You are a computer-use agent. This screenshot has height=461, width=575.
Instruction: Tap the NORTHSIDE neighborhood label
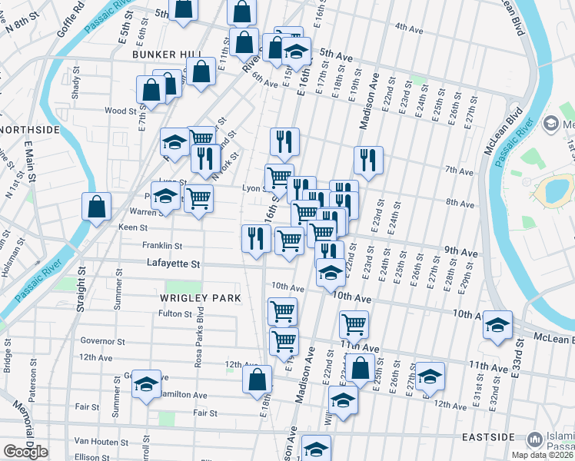[x=29, y=130]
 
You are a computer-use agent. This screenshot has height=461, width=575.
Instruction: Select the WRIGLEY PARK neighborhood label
[x=201, y=297]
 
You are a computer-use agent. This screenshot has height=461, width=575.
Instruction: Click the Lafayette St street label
[x=174, y=264]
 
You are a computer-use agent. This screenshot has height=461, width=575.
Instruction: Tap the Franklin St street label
[x=161, y=246]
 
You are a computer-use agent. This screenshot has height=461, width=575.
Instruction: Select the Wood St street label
[x=121, y=111]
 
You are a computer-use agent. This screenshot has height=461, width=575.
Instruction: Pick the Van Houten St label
[x=101, y=442]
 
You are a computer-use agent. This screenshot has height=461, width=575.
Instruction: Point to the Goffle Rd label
[x=70, y=23]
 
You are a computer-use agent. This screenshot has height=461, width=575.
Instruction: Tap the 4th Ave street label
[x=409, y=28]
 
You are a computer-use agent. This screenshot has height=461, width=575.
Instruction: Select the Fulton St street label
[x=174, y=313]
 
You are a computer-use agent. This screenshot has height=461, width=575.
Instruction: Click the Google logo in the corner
[x=25, y=452]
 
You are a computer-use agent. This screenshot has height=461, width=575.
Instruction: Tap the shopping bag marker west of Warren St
[x=97, y=207]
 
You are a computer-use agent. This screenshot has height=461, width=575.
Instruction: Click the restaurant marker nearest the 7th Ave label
[x=368, y=161]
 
